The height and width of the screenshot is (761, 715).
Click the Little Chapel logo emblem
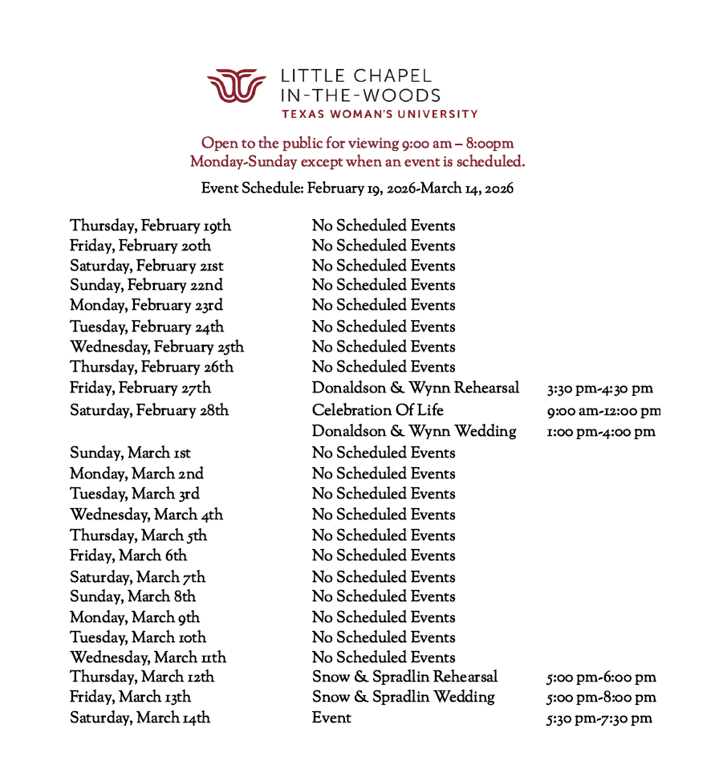click(236, 86)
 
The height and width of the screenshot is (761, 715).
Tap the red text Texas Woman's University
click(379, 114)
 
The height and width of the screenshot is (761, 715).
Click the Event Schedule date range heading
click(357, 189)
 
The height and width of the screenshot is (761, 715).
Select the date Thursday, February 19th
click(150, 226)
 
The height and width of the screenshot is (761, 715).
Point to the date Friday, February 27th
click(140, 389)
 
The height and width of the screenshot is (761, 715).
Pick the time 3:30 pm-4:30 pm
click(599, 389)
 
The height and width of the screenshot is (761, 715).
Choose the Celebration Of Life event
click(377, 410)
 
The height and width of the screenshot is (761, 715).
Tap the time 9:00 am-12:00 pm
click(603, 411)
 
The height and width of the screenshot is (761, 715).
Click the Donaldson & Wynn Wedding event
click(414, 432)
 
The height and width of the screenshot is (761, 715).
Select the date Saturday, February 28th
click(149, 410)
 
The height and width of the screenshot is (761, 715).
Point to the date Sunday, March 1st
click(130, 453)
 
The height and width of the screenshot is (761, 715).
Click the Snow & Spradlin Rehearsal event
click(404, 677)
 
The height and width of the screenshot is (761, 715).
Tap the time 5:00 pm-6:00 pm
click(601, 678)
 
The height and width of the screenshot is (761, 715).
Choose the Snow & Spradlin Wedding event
click(403, 697)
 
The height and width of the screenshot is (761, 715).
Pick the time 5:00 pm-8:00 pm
click(601, 698)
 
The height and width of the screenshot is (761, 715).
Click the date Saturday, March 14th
click(140, 718)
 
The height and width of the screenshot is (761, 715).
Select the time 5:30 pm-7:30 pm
click(599, 718)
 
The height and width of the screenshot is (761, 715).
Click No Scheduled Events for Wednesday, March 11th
click(383, 657)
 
